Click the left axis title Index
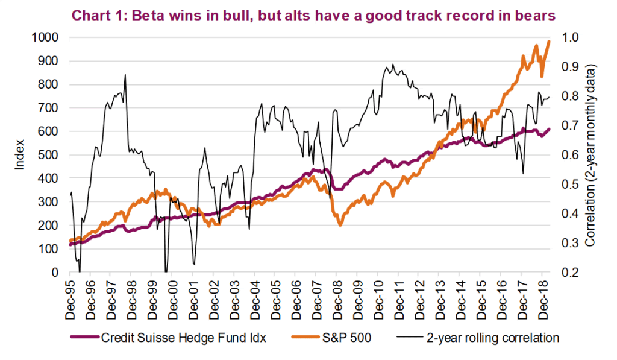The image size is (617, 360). coord(20,155)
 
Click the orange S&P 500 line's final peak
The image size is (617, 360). coord(549,41)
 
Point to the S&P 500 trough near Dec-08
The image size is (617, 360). coord(340,224)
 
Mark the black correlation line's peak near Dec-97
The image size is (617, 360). coord(125,75)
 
